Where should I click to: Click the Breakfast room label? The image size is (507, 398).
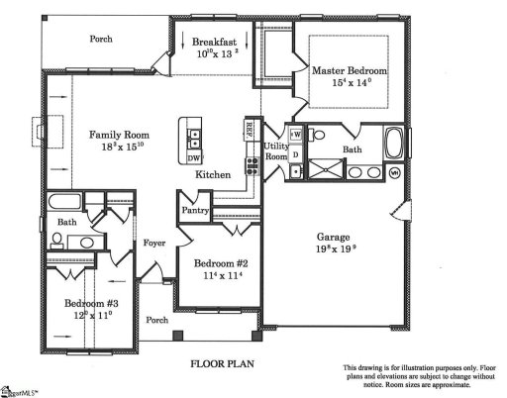213,42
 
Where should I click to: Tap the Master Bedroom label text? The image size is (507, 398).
351,71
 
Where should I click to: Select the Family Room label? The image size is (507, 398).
119,134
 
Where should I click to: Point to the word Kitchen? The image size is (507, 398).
213,174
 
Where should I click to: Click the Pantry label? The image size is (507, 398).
194,210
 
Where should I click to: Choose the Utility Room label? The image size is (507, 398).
275,151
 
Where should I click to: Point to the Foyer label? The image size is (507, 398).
153,242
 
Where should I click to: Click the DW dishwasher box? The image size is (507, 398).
194,157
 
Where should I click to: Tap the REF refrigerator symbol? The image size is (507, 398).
250,130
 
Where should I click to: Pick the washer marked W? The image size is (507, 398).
296,134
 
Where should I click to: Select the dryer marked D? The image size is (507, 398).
295,152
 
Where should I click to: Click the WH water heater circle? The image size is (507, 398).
394,172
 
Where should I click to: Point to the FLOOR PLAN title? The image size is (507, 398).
222,363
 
